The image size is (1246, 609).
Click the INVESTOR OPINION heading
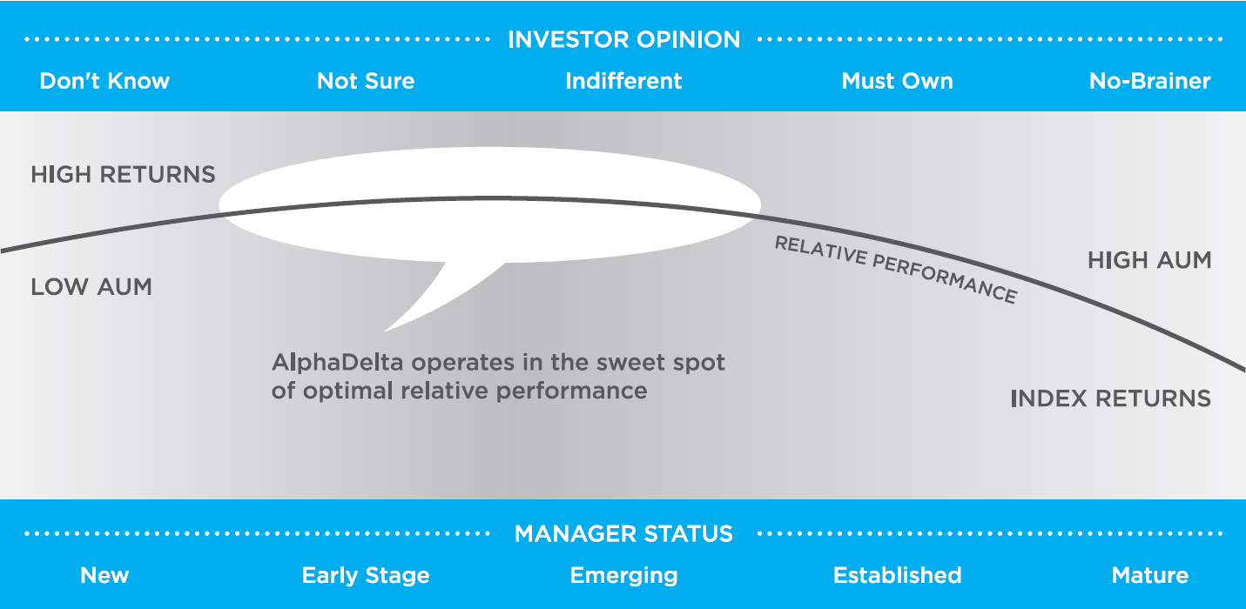[x=623, y=39]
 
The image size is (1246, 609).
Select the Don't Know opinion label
[x=104, y=81]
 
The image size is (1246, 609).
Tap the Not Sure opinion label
[x=366, y=81]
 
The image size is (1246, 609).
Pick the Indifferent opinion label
[x=623, y=81]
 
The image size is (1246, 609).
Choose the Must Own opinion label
[x=897, y=81]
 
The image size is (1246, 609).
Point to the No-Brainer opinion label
[x=1149, y=81]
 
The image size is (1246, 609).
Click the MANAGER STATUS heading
[x=623, y=534]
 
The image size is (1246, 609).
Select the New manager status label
[x=104, y=575]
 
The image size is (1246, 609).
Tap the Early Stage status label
[x=366, y=576]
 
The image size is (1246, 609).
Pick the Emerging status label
[x=623, y=576]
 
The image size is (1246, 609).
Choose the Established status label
[x=897, y=575]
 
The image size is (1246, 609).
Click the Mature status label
[x=1149, y=575]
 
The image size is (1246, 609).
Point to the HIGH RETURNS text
[x=123, y=175]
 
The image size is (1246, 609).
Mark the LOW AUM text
[x=91, y=287]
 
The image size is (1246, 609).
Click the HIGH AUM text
[x=1149, y=260]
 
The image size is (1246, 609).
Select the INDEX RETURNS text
[x=1110, y=398]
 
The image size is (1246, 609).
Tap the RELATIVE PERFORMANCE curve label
[x=896, y=269]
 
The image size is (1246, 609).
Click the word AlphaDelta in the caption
[x=337, y=363]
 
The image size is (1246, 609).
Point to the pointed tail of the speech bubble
[x=385, y=331]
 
